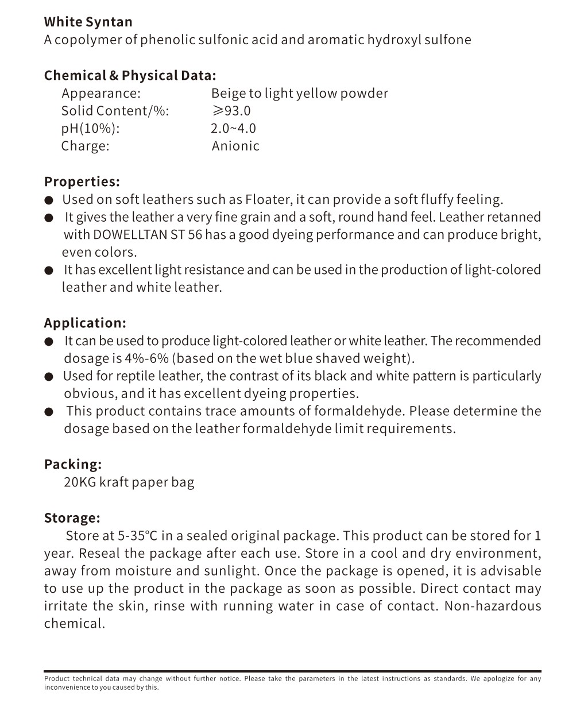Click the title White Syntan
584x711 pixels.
(x=88, y=22)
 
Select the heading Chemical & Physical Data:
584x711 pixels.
(x=130, y=75)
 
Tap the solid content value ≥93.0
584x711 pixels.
(x=231, y=111)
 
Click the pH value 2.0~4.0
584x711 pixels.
(x=233, y=128)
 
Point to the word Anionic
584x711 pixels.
(x=235, y=146)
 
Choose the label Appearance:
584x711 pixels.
(x=101, y=93)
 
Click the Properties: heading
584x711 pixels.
(x=82, y=181)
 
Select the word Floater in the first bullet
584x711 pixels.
(x=267, y=199)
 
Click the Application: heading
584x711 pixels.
(x=84, y=323)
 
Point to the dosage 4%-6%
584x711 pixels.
(x=146, y=358)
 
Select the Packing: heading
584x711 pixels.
(x=73, y=464)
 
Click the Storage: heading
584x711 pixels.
(x=72, y=517)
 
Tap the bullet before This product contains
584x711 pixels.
(x=49, y=412)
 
